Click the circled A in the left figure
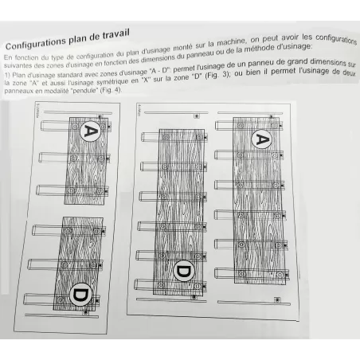92,130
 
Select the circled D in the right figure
182,272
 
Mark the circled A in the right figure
260,140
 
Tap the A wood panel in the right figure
259,199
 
